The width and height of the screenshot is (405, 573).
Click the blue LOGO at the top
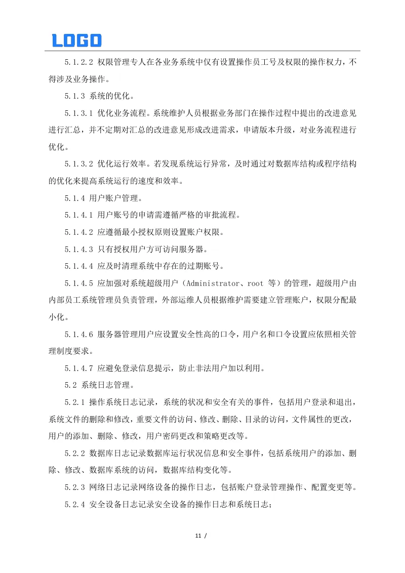pos(77,40)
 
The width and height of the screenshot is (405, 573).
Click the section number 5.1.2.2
pos(79,62)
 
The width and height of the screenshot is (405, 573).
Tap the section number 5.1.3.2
pos(79,163)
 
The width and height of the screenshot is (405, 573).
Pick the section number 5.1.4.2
pos(79,232)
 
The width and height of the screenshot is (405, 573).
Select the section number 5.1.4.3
pos(79,249)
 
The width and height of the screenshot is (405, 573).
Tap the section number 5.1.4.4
pos(79,266)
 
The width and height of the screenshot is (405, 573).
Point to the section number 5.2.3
pos(75,487)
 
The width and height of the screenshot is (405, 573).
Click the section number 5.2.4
pos(75,504)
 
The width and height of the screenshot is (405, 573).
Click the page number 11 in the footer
pos(198,535)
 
